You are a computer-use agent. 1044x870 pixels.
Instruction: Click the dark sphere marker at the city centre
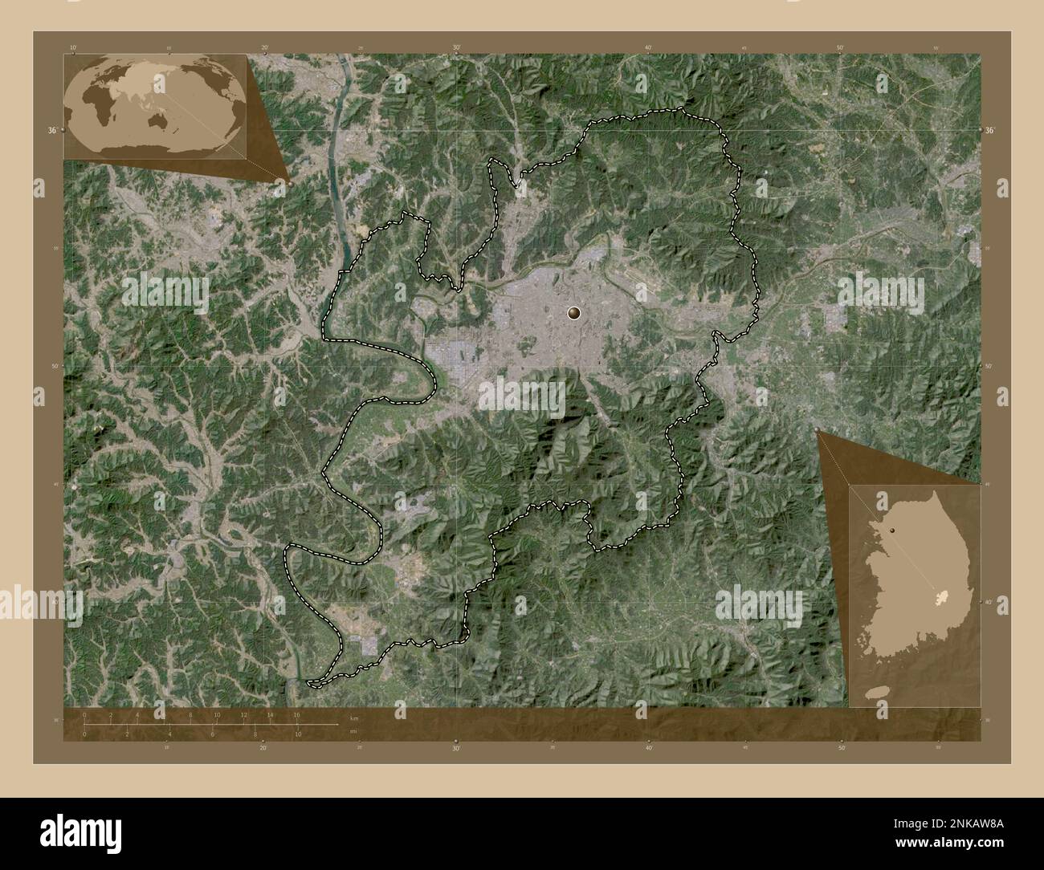(574, 314)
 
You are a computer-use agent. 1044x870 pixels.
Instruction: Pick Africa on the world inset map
(94, 105)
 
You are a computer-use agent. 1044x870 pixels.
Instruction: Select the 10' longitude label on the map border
(73, 47)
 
